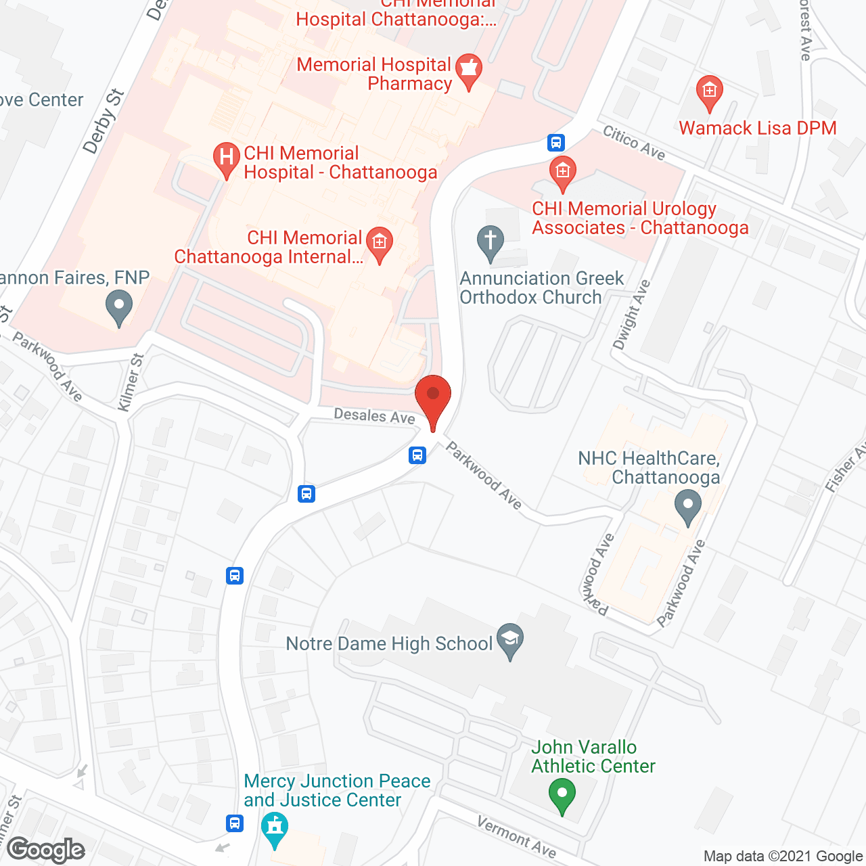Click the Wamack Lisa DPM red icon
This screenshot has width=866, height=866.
coord(709,92)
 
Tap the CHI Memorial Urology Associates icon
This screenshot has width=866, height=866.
coord(562,172)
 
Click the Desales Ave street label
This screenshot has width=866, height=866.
coord(374,415)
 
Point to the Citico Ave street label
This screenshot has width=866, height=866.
coord(634,143)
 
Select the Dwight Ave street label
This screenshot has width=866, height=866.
coord(631,315)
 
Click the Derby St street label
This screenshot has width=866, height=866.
coord(104,121)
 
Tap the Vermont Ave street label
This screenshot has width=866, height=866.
coord(516,836)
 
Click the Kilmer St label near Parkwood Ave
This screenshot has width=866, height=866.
coord(131,382)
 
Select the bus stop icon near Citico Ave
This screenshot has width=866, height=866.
coord(556,142)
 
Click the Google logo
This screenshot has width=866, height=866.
coord(46,850)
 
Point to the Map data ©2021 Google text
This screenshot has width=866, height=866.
coord(783,856)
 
